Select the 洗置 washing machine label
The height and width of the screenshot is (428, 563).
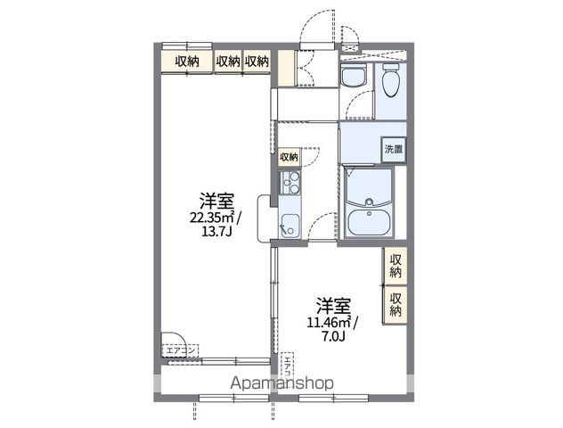pos(393,150)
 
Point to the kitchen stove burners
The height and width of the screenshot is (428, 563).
pos(290,185)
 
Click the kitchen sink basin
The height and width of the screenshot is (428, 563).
pos(290,223)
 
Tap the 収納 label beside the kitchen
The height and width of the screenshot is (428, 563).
pos(289,157)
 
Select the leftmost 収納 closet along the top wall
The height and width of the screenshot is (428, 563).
pos(187,61)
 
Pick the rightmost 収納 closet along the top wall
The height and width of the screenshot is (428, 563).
pos(257,61)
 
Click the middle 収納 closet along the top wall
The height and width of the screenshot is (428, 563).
pos(228,61)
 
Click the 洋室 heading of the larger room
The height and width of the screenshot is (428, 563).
pos(211,199)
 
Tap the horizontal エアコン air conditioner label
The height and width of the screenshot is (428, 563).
pos(184,350)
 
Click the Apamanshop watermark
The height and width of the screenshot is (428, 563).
pos(281,383)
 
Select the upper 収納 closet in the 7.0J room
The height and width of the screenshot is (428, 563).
pos(395,266)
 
